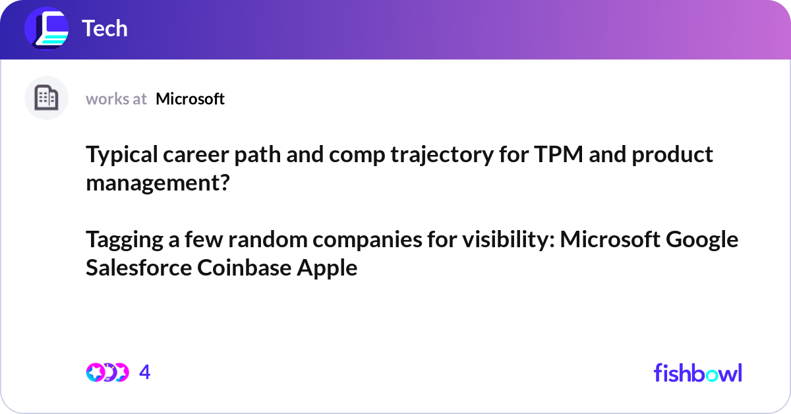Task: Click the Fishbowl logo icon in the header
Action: [46, 29]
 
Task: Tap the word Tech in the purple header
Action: [104, 29]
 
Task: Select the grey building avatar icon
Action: [46, 98]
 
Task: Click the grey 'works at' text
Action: [116, 99]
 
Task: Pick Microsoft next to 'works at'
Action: [190, 99]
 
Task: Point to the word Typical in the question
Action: [121, 154]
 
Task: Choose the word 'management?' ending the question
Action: [158, 182]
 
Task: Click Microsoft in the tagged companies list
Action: [610, 239]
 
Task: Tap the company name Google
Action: [703, 239]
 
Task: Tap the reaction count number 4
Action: [145, 372]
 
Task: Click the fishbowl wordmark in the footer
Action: [697, 372]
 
